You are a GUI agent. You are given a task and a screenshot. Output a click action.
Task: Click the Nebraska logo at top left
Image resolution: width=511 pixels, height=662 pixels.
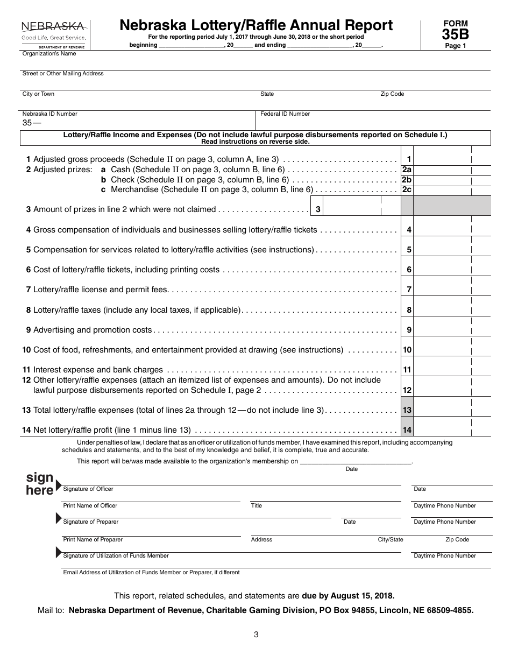click(53, 34)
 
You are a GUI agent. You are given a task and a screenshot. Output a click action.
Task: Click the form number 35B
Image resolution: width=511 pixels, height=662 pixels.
click(455, 34)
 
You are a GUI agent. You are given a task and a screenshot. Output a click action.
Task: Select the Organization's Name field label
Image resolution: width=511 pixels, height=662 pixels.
click(49, 54)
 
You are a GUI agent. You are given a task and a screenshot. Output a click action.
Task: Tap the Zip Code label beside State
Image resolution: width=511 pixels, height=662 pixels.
click(392, 94)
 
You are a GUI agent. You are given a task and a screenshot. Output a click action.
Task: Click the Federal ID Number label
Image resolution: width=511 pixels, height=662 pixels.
click(285, 114)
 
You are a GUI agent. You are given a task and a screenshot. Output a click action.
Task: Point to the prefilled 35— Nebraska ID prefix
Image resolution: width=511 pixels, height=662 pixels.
click(31, 123)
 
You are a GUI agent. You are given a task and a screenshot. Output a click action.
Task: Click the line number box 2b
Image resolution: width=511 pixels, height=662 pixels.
click(407, 180)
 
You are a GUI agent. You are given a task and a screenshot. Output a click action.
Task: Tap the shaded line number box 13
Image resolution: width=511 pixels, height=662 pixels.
click(407, 410)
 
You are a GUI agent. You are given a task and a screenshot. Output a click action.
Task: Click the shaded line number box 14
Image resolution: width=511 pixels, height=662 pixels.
click(407, 430)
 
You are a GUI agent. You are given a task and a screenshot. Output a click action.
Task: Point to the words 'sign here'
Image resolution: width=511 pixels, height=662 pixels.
click(40, 484)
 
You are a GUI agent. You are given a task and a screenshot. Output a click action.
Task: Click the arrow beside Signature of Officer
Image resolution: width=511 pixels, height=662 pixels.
click(59, 485)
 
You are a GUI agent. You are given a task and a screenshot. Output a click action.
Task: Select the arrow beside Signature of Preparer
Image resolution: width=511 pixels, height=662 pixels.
click(59, 518)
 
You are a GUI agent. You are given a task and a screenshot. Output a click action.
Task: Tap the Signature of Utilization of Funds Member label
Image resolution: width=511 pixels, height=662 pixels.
click(116, 556)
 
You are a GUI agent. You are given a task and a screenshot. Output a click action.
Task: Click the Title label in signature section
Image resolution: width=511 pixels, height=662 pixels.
click(257, 506)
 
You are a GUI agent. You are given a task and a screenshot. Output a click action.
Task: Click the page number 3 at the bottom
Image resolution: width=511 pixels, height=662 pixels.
click(256, 635)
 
